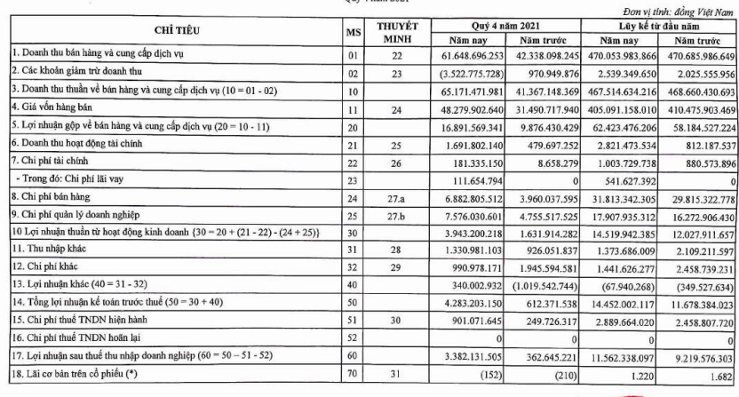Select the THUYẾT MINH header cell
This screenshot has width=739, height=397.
point(392,32)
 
